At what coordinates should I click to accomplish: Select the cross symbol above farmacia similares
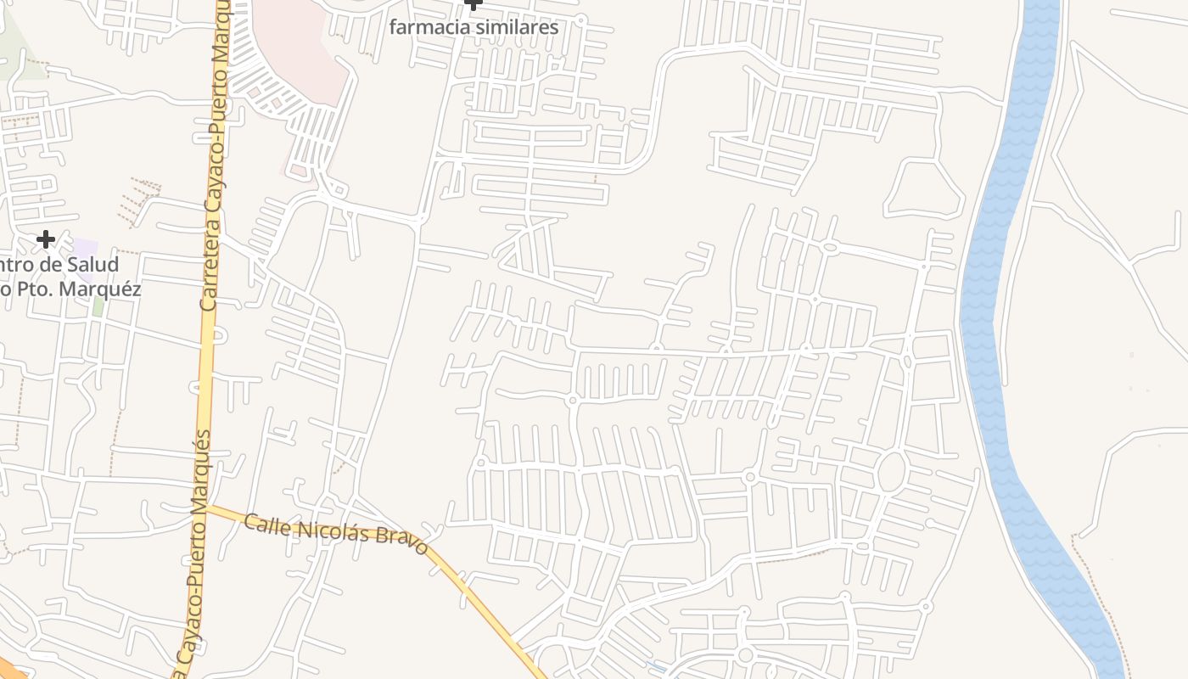(474, 4)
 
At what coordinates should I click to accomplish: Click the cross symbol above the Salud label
(46, 240)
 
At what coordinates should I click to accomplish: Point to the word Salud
(89, 265)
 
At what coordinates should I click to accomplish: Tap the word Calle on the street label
(261, 524)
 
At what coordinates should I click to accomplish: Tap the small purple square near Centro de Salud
(84, 250)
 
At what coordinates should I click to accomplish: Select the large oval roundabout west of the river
(890, 473)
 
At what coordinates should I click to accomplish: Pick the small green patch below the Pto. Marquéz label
(98, 307)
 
